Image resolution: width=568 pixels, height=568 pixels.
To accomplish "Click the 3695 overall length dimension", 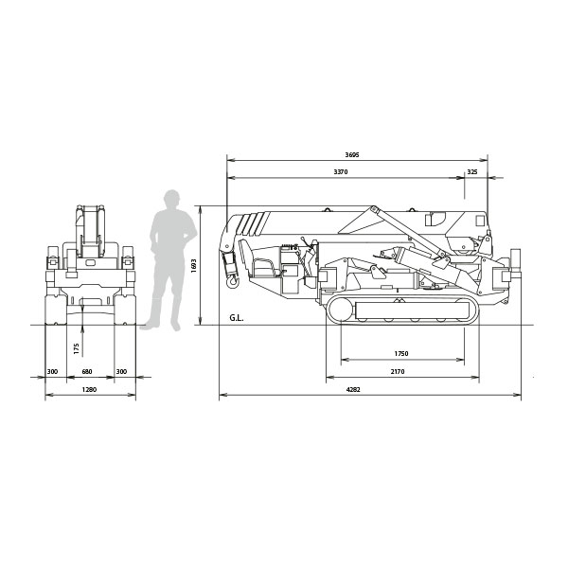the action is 352,155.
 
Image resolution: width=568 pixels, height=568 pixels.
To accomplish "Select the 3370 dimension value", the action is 341,171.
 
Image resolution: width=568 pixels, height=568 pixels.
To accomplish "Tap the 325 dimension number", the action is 472,171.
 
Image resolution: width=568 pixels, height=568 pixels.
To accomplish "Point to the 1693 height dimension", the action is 194,265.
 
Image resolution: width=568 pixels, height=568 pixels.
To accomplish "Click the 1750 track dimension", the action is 401,353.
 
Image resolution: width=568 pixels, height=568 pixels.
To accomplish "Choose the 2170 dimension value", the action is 398,371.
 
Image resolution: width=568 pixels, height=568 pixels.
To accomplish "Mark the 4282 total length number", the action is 353,389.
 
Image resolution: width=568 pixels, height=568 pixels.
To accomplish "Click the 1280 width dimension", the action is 89,389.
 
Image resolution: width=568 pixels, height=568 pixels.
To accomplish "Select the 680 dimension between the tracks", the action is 87,371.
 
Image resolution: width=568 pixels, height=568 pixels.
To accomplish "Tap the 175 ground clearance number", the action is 76,348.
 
